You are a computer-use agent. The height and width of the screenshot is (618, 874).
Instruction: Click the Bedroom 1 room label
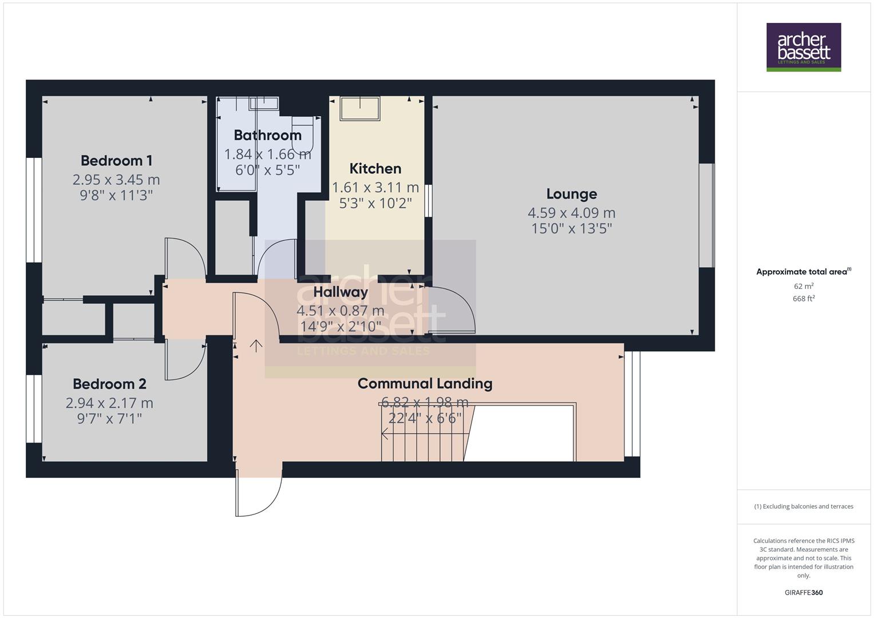tap(116, 161)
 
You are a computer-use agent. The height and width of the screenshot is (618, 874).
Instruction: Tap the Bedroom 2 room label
tap(109, 384)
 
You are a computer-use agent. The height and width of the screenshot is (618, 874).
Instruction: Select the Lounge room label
tap(571, 194)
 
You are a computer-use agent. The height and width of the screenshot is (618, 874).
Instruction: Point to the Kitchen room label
tap(375, 169)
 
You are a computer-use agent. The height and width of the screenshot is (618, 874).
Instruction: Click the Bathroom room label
tap(267, 136)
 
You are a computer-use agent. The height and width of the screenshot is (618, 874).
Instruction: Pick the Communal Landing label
tap(425, 383)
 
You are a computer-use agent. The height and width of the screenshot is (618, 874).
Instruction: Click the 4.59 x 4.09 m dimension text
tap(571, 213)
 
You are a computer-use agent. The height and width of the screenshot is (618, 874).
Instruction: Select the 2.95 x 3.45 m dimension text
tap(116, 180)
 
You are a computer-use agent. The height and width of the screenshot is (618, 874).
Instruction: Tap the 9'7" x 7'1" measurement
tap(109, 419)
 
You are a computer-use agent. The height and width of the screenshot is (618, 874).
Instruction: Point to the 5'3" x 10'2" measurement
tap(375, 203)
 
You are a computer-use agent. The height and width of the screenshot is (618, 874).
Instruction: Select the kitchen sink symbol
tap(360, 108)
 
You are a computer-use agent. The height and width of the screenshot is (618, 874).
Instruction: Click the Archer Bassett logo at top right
tap(803, 47)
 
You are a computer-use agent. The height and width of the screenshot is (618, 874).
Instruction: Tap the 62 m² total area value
tap(804, 286)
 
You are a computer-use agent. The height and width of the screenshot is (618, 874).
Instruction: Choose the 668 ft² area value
tap(804, 299)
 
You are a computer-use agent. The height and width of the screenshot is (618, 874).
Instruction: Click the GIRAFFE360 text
tap(804, 592)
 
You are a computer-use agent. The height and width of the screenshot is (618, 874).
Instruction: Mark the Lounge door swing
tap(451, 309)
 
